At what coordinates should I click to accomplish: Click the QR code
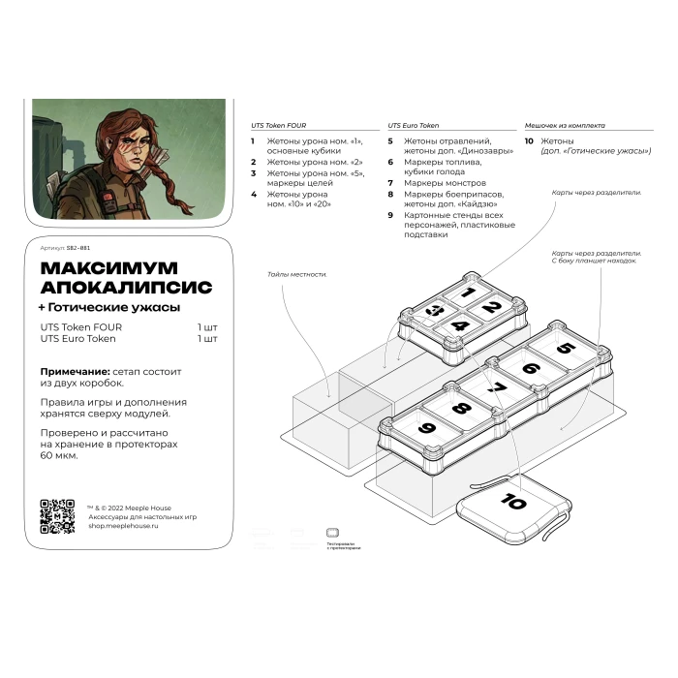coord(57,516)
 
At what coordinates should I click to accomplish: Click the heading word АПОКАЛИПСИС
coord(126,287)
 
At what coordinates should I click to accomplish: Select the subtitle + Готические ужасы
coord(108,307)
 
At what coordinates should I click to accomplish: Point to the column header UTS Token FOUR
coord(279,125)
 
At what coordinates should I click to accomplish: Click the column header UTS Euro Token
coord(413,125)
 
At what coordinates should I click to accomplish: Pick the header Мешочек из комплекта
coord(565,125)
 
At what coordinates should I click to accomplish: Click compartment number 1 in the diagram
coord(468,292)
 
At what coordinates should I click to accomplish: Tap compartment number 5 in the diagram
coord(566,349)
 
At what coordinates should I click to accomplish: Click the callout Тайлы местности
coord(297,274)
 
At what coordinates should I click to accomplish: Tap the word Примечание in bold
coord(75,372)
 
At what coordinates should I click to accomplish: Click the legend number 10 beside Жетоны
coord(528,140)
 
